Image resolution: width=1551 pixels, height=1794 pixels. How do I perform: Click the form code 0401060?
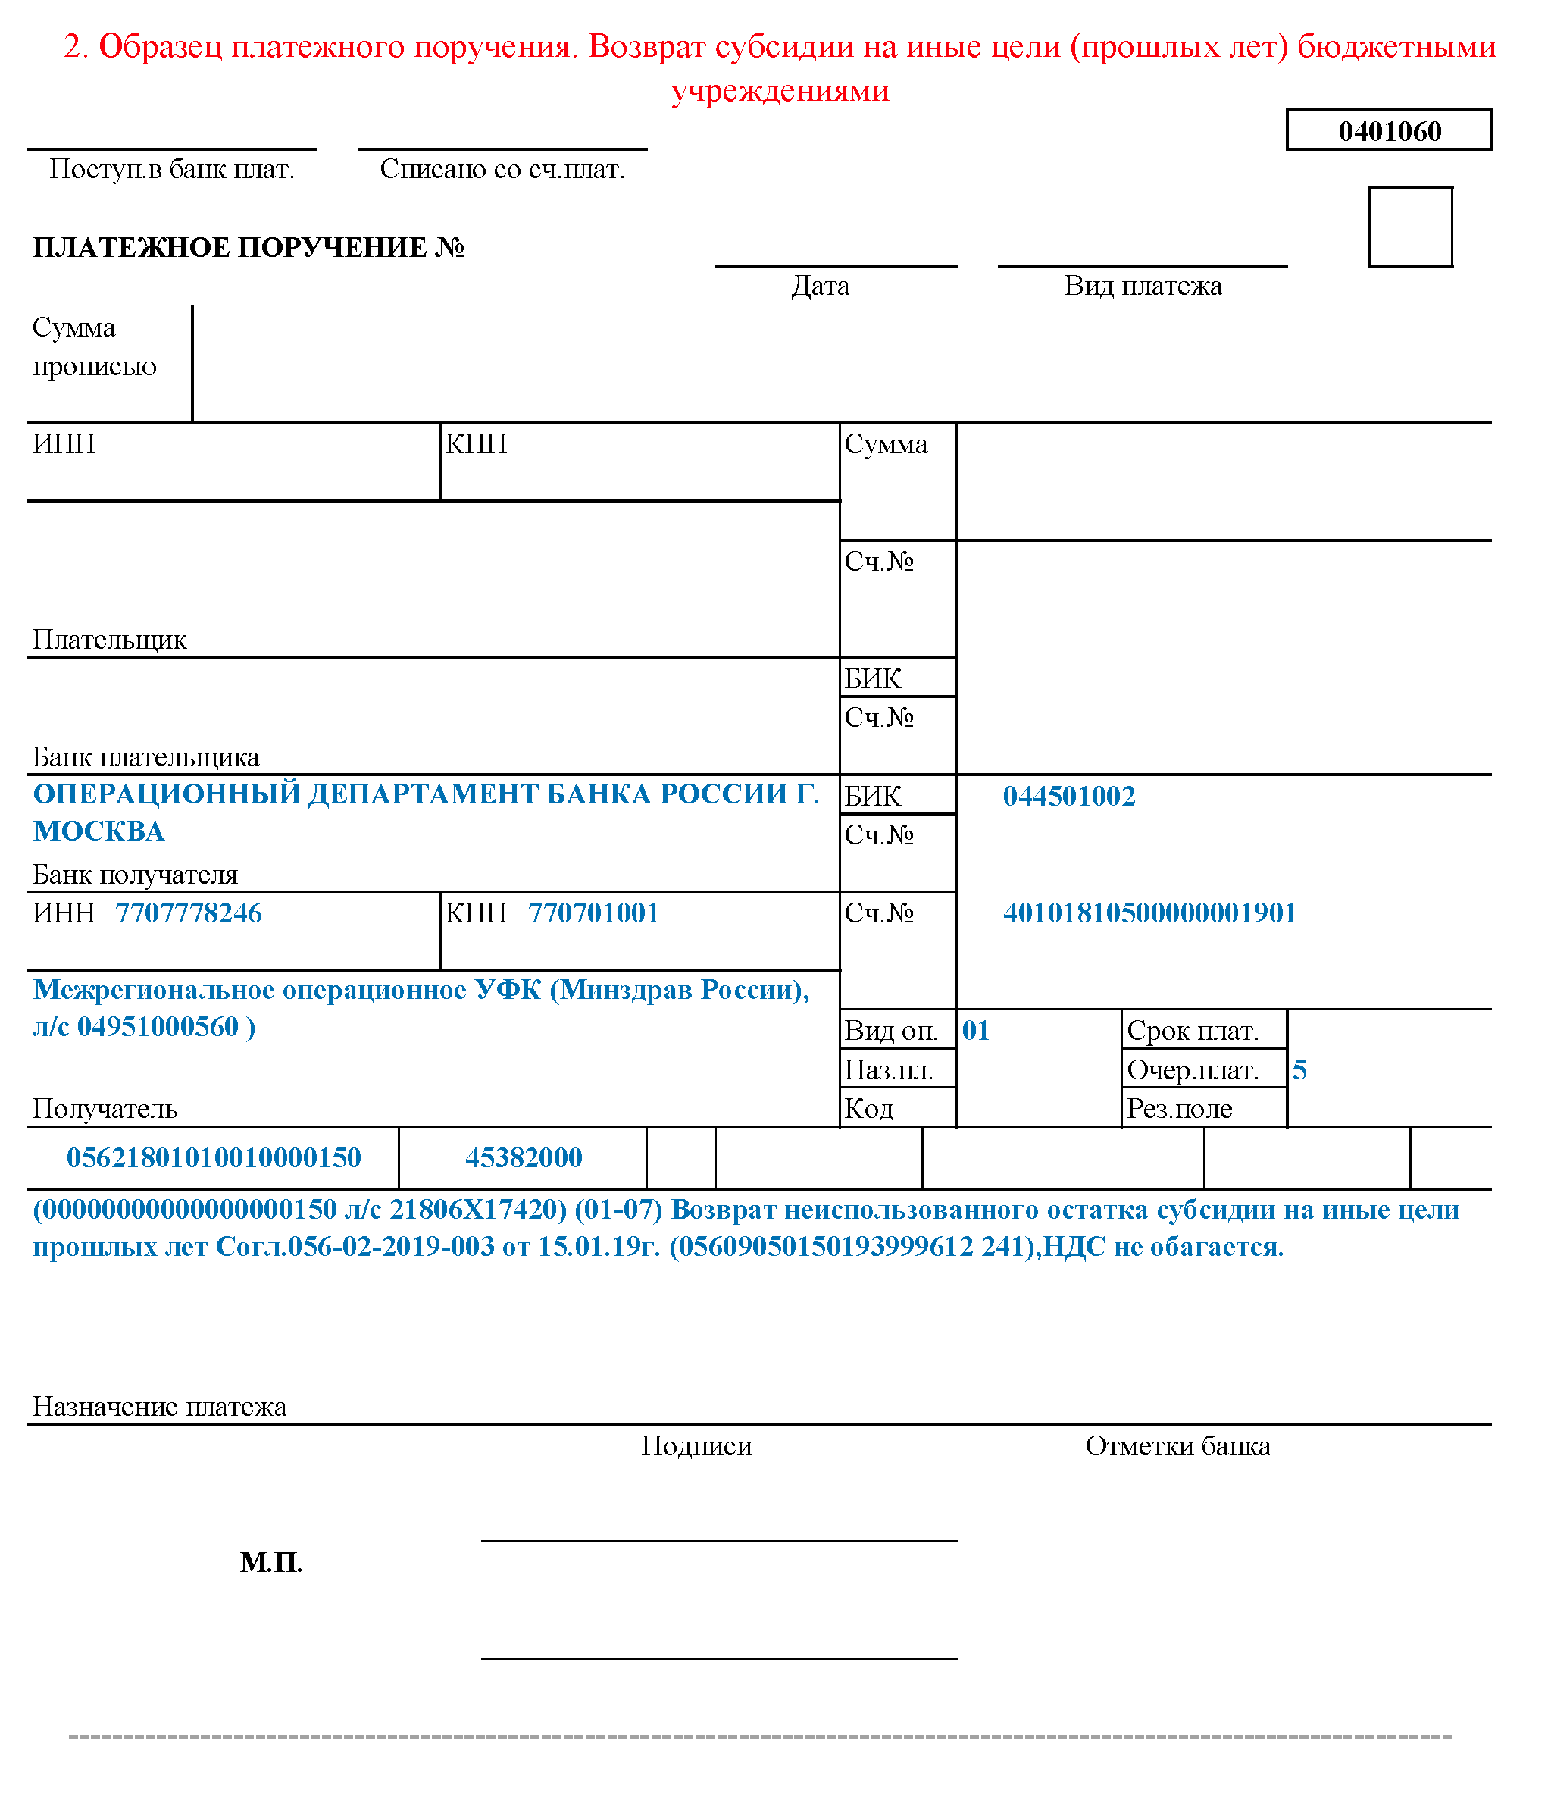(x=1389, y=130)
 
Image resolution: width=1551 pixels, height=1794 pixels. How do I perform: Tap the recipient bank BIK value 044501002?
(x=1069, y=797)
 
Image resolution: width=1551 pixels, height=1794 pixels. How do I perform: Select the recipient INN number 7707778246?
(x=189, y=913)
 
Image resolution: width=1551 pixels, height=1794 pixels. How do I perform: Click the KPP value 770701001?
(x=594, y=913)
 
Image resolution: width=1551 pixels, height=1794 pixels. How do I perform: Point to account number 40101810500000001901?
(x=1149, y=913)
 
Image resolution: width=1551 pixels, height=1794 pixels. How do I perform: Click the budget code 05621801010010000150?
(x=214, y=1158)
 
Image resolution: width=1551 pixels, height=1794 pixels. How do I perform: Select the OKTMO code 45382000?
(x=524, y=1158)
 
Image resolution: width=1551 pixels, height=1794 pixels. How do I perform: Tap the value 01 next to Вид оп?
(x=975, y=1030)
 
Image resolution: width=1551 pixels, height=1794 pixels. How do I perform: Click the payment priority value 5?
(x=1299, y=1070)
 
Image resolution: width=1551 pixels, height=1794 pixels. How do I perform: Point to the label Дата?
(x=820, y=286)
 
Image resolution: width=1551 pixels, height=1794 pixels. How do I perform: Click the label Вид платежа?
(x=1143, y=286)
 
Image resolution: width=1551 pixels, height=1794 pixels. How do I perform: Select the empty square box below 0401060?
(x=1410, y=227)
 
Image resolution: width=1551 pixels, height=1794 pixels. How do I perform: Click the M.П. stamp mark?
(x=271, y=1563)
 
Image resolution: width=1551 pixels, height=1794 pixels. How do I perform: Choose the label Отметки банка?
(x=1178, y=1446)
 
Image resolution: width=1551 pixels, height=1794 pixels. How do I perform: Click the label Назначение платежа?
(x=159, y=1407)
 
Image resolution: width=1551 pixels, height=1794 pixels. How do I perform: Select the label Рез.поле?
(x=1179, y=1109)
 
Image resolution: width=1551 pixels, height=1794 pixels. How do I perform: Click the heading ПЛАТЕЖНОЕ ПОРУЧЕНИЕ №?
(x=249, y=248)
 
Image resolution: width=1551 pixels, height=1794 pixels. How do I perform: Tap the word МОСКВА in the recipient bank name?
(x=99, y=832)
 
